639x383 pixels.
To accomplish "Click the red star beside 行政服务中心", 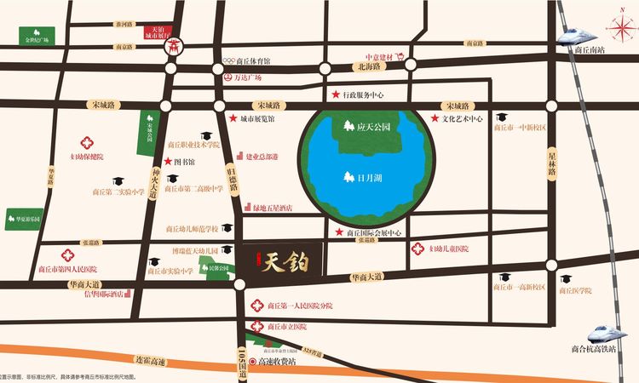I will click(x=337, y=94).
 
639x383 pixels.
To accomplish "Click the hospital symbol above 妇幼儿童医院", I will click(x=417, y=249).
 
